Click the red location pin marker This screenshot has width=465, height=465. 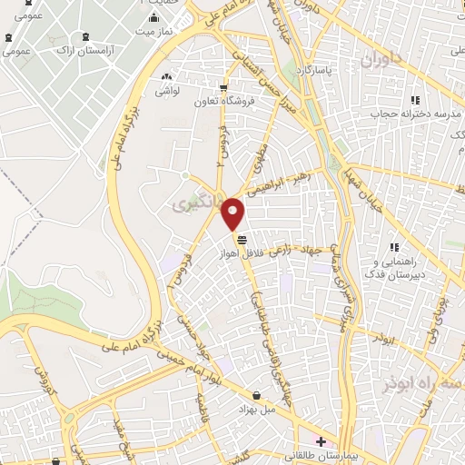point(233,213)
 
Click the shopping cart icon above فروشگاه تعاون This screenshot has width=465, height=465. point(223,88)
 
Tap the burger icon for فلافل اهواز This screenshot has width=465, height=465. point(242,240)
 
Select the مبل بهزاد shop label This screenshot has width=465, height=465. point(258,408)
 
